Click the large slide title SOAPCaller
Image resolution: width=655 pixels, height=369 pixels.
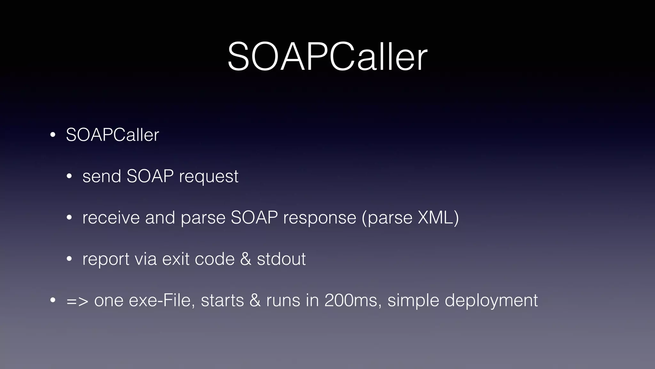(327, 57)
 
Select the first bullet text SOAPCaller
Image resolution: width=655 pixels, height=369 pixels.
(112, 135)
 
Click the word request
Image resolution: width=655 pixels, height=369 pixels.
(209, 177)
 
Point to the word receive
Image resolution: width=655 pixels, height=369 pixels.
(111, 217)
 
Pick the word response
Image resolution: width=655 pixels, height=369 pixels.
(320, 218)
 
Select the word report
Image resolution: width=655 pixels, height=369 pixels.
(106, 259)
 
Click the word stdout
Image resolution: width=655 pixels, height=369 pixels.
(281, 259)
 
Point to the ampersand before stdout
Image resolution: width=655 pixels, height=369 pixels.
(245, 259)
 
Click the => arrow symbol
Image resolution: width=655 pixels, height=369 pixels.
(77, 301)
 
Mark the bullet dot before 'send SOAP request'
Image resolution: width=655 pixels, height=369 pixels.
(69, 176)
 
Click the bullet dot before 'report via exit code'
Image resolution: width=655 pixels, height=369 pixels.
(69, 259)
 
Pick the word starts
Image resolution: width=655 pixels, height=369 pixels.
(222, 300)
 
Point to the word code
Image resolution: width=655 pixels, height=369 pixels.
(215, 259)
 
